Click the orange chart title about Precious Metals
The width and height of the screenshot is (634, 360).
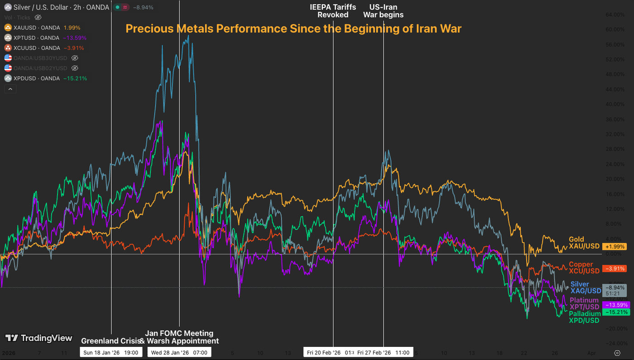click(x=293, y=29)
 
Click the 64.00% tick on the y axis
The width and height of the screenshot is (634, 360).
click(x=615, y=14)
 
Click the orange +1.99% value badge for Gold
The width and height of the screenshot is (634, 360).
click(x=615, y=247)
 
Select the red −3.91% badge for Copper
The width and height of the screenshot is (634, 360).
click(x=615, y=269)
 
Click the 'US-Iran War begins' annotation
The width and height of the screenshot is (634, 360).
click(x=383, y=11)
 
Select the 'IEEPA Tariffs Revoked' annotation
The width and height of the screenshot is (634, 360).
click(x=333, y=11)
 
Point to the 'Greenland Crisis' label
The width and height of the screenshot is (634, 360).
click(x=110, y=341)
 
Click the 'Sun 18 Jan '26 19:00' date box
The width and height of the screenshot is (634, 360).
click(x=111, y=352)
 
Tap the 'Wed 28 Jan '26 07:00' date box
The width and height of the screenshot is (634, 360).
click(x=179, y=352)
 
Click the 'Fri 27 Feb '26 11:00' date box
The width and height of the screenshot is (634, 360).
click(x=383, y=352)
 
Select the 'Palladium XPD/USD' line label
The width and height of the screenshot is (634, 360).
click(x=584, y=317)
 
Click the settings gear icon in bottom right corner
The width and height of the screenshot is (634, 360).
click(x=617, y=353)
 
